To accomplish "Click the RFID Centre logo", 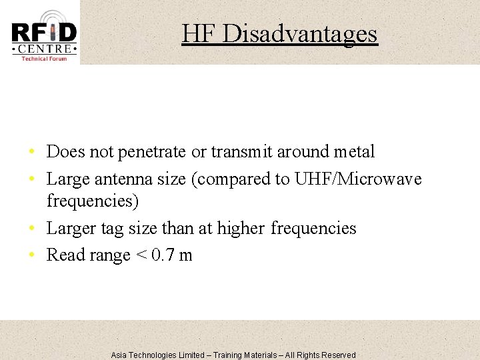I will pos(44,35).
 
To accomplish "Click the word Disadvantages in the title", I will pos(299,33).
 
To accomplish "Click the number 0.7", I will pos(162,255).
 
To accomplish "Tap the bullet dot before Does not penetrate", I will pos(33,153).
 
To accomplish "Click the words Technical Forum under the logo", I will pos(44,59).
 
